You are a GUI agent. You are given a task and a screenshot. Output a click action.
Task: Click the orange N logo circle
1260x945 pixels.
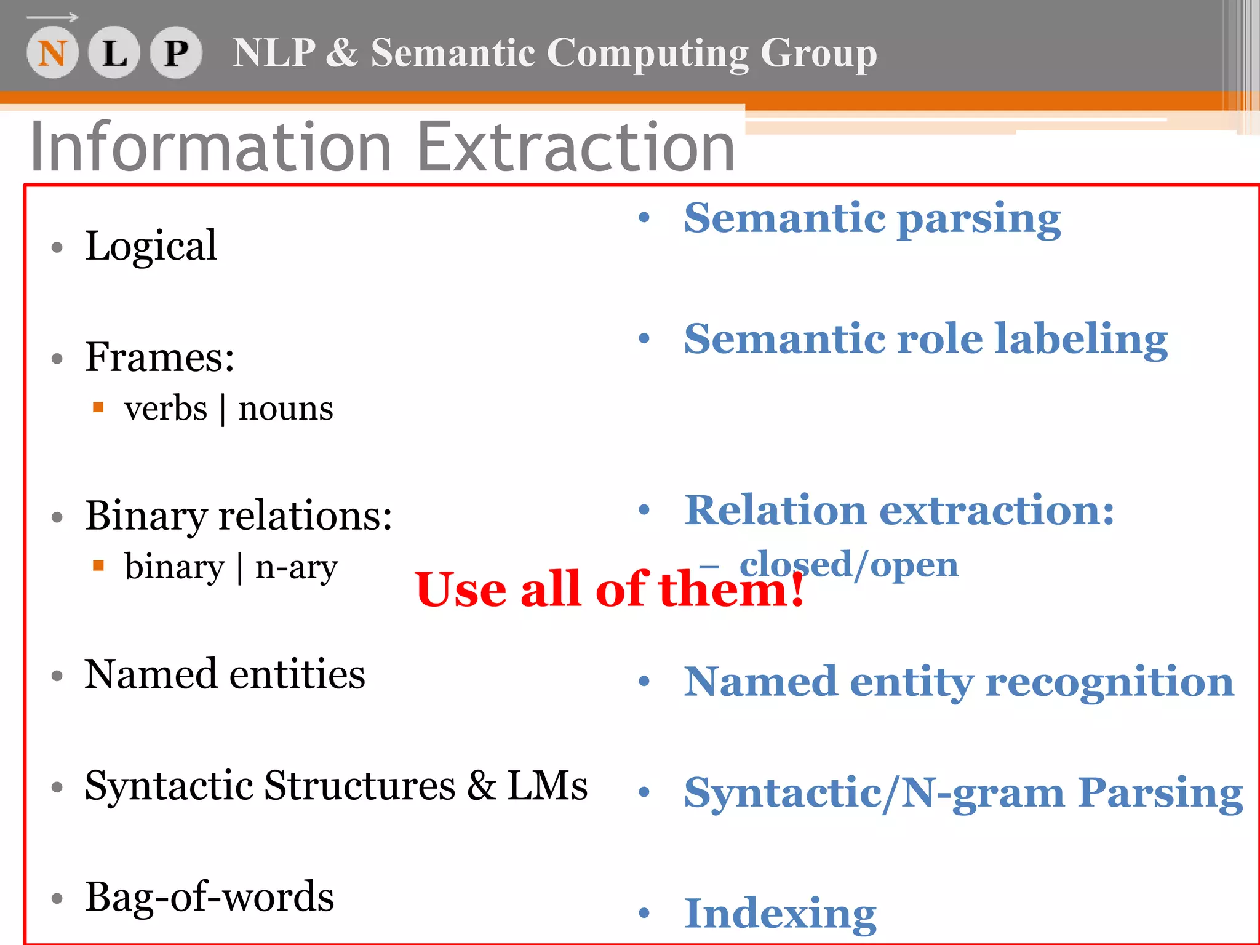[x=52, y=53]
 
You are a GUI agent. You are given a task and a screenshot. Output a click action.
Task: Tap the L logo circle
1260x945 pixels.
[x=114, y=53]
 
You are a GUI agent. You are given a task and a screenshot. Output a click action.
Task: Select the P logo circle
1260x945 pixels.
[x=176, y=53]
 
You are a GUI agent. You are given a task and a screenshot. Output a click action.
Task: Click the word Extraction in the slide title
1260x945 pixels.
[x=576, y=148]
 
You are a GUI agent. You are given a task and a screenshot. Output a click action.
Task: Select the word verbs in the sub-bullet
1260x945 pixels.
[x=165, y=409]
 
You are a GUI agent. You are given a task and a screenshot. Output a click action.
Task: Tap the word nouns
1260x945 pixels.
[x=285, y=409]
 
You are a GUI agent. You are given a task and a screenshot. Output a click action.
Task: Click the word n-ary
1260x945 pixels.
[x=297, y=567]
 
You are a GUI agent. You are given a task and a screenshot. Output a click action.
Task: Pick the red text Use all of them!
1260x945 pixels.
[x=609, y=589]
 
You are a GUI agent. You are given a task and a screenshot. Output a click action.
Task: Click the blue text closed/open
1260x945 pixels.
[x=849, y=564]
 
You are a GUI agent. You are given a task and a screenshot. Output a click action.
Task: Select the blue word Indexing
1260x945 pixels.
[x=780, y=914]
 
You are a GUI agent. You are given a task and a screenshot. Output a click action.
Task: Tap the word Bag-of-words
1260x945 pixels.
[x=209, y=897]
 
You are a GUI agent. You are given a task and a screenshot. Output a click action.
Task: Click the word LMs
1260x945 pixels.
[x=547, y=786]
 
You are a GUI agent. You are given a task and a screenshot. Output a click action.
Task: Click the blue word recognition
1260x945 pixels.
[x=1110, y=682]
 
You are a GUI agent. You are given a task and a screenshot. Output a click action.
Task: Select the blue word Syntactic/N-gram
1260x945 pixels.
[x=874, y=792]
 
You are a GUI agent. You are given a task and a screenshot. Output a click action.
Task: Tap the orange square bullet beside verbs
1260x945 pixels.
[x=98, y=407]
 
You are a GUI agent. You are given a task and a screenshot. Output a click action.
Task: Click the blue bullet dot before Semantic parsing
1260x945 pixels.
[x=644, y=217]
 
